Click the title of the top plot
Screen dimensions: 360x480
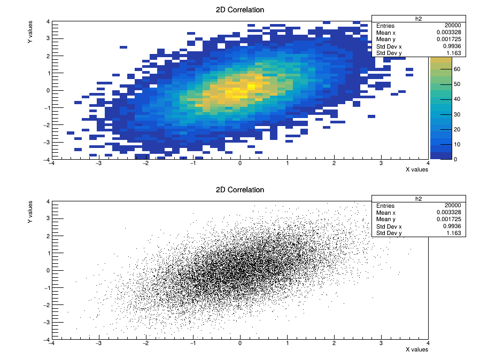239,10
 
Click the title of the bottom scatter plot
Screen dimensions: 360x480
239,190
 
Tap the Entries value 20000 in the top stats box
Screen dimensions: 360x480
452,26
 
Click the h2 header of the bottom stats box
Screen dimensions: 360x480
419,199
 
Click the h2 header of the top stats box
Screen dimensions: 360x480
419,19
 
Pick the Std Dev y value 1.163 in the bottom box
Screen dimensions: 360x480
454,233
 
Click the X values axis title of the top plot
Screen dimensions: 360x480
416,170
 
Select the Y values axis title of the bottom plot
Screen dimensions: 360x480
30,212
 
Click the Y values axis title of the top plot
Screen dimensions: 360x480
30,32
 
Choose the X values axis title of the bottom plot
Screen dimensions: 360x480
416,350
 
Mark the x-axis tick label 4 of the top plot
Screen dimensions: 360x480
428,163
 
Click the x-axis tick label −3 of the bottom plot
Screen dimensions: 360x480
98,343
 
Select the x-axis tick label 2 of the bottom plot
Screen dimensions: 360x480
334,343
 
